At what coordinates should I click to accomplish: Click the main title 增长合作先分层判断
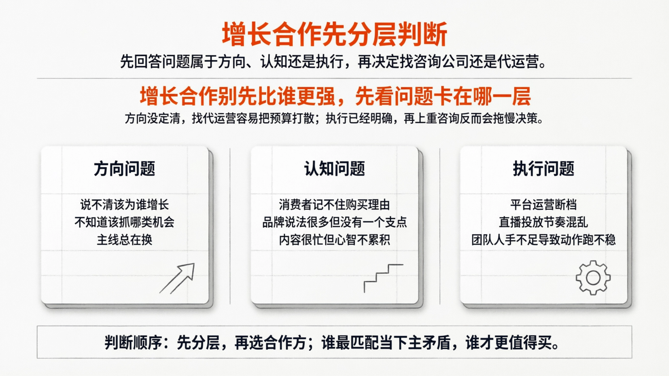[x=334, y=34]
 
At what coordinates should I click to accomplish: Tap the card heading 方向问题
[x=124, y=169]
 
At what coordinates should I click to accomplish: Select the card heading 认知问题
[x=334, y=169]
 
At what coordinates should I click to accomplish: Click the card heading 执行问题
[x=543, y=169]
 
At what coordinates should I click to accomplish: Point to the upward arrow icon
[x=178, y=278]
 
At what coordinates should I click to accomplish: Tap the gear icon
[x=593, y=278]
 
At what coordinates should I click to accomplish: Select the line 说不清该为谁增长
[x=124, y=205]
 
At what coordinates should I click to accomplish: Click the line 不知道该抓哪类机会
[x=124, y=222]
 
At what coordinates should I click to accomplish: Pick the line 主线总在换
[x=124, y=240]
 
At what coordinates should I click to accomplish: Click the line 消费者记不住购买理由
[x=334, y=205]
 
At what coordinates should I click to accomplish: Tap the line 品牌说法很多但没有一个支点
[x=334, y=222]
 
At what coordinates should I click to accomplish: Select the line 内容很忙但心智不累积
[x=334, y=240]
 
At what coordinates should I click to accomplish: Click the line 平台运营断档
[x=543, y=205]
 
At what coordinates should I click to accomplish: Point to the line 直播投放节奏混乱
[x=543, y=222]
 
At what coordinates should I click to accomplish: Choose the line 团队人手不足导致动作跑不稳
[x=543, y=240]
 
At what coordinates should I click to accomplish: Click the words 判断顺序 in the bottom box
[x=133, y=343]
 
